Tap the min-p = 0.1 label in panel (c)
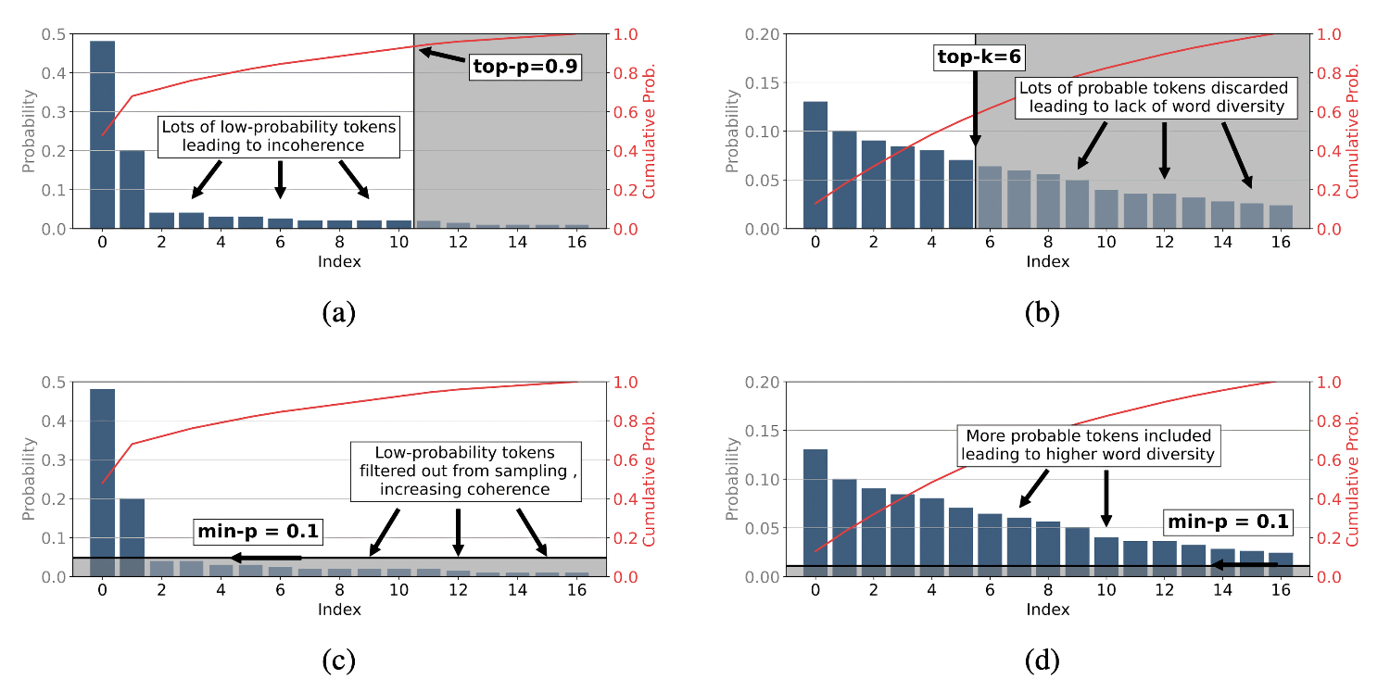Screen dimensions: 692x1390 coord(257,532)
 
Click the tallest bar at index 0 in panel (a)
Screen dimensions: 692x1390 coord(102,134)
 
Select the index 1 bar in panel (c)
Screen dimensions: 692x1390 coord(132,537)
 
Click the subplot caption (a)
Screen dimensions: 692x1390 coord(338,313)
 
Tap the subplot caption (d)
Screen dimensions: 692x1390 coord(1042,661)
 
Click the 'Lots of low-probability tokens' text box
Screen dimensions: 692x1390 coord(280,136)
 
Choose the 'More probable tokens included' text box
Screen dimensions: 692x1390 coord(1088,445)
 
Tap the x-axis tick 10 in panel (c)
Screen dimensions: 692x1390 coord(398,591)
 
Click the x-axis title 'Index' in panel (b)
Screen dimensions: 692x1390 coord(1047,262)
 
